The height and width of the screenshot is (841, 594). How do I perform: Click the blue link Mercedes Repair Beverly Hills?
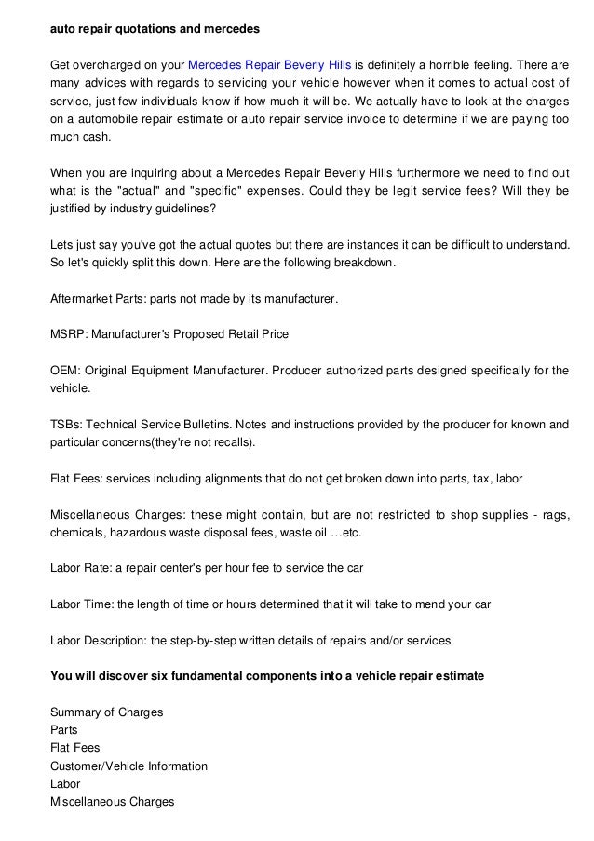click(x=269, y=66)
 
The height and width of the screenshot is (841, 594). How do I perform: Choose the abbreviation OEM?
click(x=63, y=370)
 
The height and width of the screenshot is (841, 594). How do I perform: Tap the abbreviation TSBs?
click(x=66, y=424)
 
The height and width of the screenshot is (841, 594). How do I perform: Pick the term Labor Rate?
click(x=81, y=567)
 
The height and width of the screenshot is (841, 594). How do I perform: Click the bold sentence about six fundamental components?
click(x=266, y=675)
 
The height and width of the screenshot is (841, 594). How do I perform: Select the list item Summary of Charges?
click(x=106, y=712)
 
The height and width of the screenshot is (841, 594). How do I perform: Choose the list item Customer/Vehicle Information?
click(x=128, y=766)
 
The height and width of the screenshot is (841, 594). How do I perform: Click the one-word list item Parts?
click(x=64, y=729)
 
